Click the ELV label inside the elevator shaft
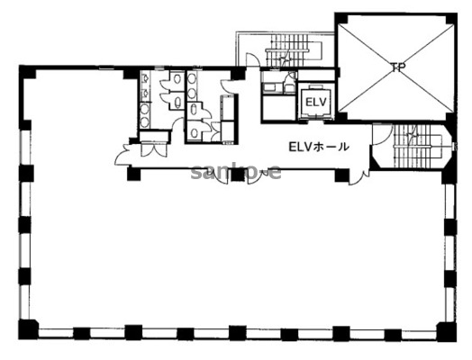tap(316, 103)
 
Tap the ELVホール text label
tap(319, 147)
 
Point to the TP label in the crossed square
tap(399, 67)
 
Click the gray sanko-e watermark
tap(236, 172)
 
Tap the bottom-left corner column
tap(28, 330)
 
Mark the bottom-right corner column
tap(447, 331)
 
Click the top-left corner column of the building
tap(27, 73)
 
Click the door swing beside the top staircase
tap(252, 59)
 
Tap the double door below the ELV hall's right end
tap(359, 178)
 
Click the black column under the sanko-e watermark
tap(237, 175)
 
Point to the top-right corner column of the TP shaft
tap(450, 19)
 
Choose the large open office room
tap(235, 249)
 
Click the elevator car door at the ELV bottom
tap(315, 117)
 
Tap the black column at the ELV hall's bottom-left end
tap(133, 174)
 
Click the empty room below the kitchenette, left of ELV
tap(278, 107)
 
